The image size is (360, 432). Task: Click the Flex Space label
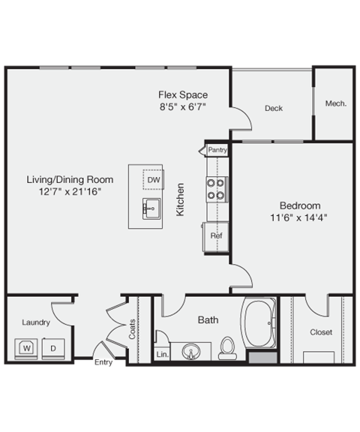click(x=182, y=94)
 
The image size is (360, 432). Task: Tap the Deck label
click(x=274, y=108)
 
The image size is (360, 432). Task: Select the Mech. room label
click(x=335, y=103)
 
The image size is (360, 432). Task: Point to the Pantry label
click(x=217, y=150)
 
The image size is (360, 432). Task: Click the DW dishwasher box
click(x=153, y=180)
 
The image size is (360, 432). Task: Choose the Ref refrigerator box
click(x=216, y=235)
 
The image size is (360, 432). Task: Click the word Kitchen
click(x=180, y=200)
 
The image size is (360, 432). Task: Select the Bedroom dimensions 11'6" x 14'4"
click(x=300, y=217)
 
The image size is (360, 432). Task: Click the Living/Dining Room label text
click(x=70, y=179)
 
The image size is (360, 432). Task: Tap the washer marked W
click(x=26, y=348)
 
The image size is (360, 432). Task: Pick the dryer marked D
click(x=53, y=348)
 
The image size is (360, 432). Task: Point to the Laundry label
click(x=36, y=322)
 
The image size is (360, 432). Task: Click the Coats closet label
click(x=133, y=329)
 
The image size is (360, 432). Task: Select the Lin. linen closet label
click(x=162, y=353)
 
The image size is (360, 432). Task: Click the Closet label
click(x=321, y=331)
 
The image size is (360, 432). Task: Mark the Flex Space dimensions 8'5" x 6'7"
click(x=182, y=106)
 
